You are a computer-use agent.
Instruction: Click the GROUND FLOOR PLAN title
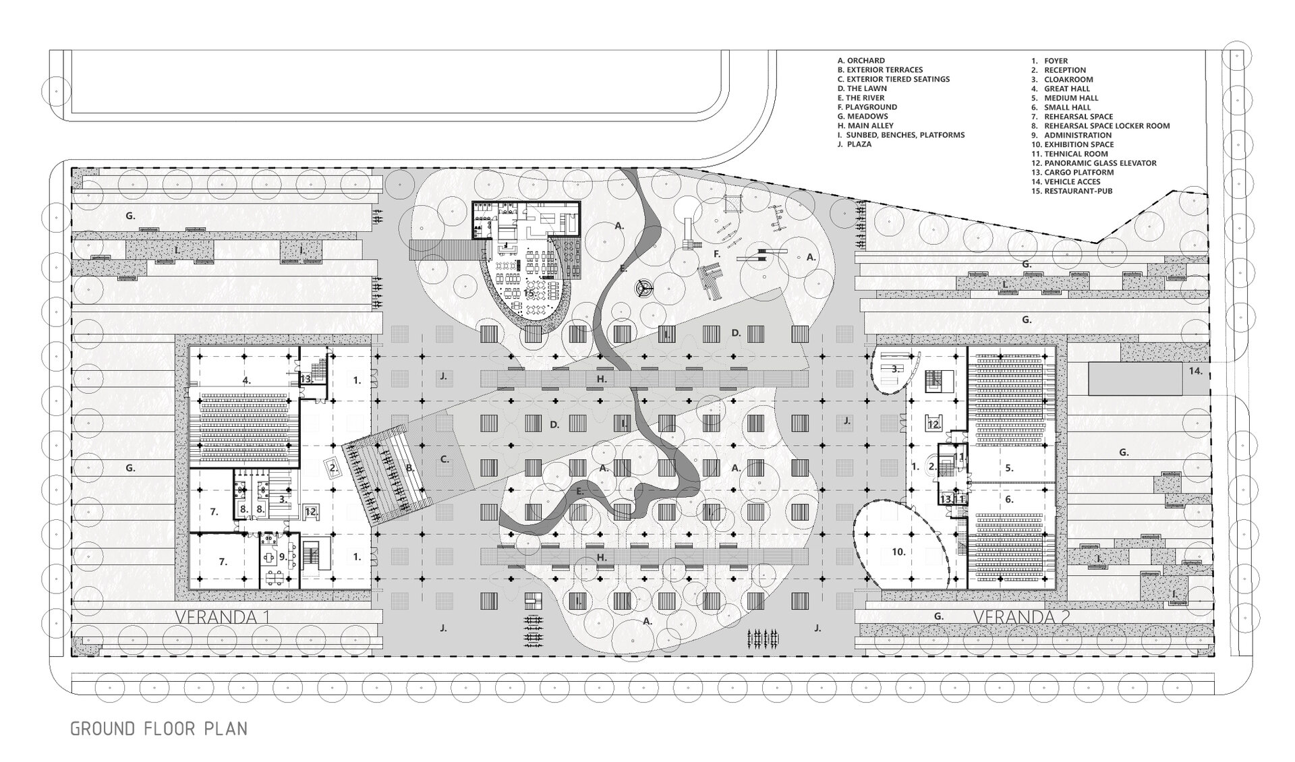click(x=159, y=729)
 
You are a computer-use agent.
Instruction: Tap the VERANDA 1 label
click(x=223, y=616)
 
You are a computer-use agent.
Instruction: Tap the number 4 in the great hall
click(x=247, y=380)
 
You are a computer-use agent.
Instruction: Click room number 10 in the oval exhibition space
click(x=898, y=552)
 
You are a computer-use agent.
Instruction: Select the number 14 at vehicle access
click(x=1196, y=371)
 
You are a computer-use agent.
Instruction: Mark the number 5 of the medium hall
click(x=1010, y=467)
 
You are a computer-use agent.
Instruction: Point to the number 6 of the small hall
click(x=1010, y=500)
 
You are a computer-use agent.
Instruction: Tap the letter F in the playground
click(x=717, y=254)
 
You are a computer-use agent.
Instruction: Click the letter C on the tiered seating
click(x=444, y=459)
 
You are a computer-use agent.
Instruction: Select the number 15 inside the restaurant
click(x=529, y=293)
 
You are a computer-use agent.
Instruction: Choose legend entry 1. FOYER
click(x=1049, y=61)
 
